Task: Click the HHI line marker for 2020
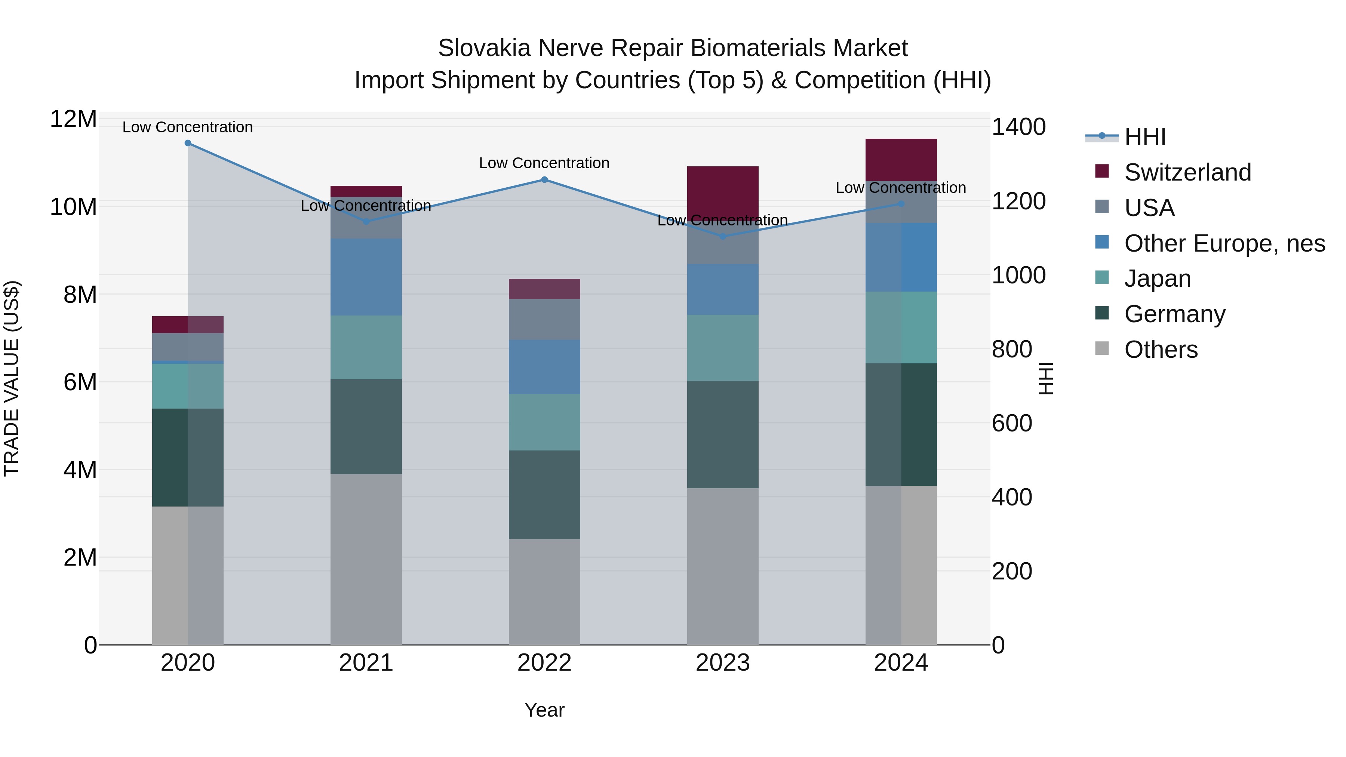[188, 143]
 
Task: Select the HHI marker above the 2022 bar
[544, 180]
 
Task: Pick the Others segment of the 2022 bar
[544, 591]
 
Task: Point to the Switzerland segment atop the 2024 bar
[901, 159]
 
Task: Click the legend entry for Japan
[1157, 279]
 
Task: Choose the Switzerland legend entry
[1187, 172]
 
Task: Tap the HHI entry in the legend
[1144, 137]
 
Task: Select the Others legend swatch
[1101, 348]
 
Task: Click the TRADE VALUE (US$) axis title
[12, 378]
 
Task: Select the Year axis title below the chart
[544, 710]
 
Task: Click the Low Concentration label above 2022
[544, 163]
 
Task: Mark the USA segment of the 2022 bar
[544, 319]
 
